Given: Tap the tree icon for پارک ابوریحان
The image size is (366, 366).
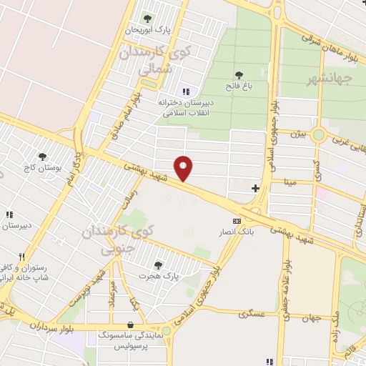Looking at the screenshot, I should point(148,18).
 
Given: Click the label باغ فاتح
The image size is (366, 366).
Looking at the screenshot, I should point(238,87).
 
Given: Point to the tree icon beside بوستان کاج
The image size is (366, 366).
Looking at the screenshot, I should point(43,156).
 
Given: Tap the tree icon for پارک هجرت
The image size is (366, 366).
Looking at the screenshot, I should point(158,264).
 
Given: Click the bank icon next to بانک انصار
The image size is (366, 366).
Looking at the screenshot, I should point(237,222).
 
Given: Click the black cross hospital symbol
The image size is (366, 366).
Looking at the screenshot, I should point(255,188).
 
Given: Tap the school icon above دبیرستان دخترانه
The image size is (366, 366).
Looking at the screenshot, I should point(187,91).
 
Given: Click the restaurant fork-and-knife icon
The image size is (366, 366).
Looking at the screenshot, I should point(22,257).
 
